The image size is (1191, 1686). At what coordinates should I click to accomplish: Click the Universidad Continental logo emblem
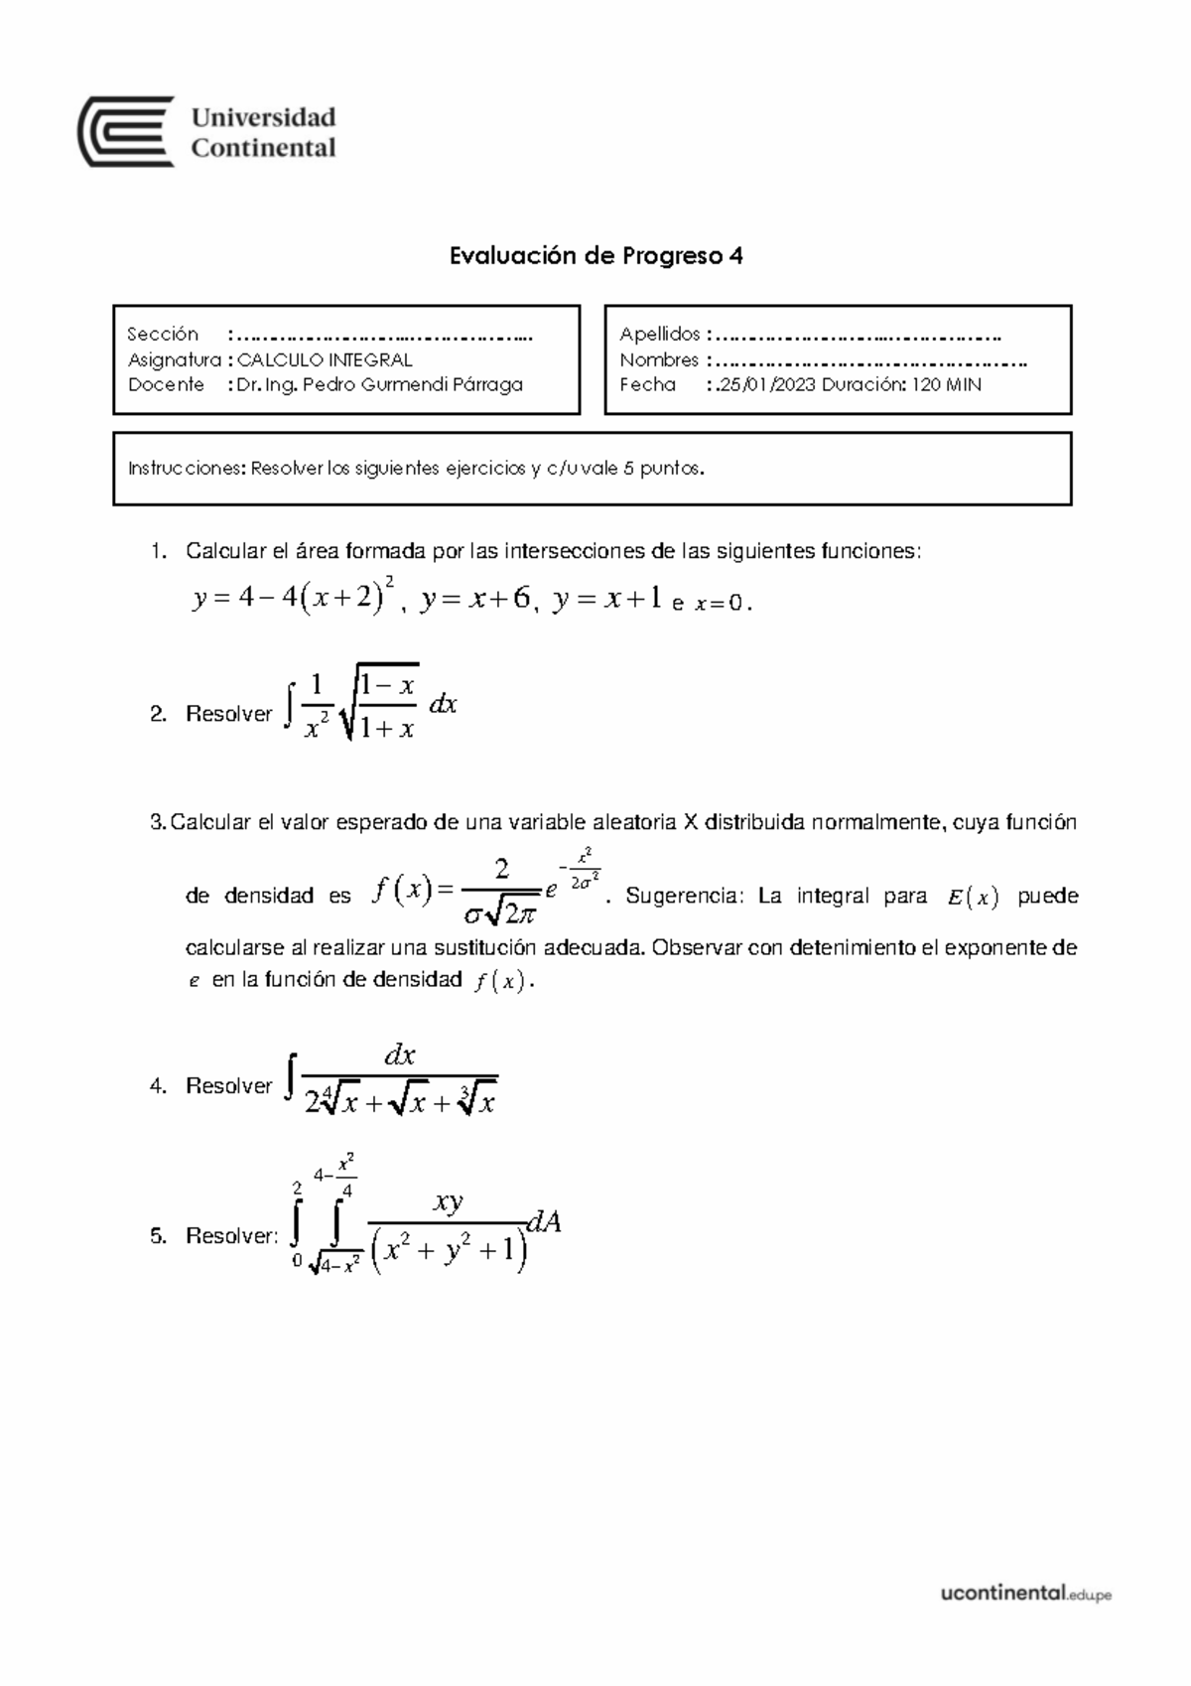click(126, 132)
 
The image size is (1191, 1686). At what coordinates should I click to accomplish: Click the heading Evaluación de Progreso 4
click(595, 256)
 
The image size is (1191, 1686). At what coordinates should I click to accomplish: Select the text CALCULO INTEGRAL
click(325, 359)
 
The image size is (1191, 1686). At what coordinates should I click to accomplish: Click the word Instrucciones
click(186, 469)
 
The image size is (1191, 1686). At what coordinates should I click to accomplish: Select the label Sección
click(163, 334)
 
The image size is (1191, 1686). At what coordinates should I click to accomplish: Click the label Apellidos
click(660, 334)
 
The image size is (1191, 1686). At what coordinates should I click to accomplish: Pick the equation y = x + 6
click(474, 600)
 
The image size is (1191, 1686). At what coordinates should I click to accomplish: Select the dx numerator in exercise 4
click(399, 1055)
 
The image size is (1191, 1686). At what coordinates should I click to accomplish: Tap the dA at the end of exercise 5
click(544, 1222)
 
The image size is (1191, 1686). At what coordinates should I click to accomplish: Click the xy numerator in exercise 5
click(448, 1202)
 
